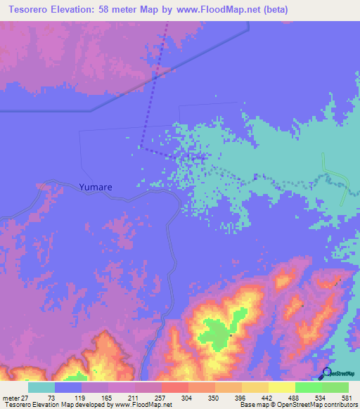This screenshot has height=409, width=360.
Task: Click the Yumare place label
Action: point(96,188)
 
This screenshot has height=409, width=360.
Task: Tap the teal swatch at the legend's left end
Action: point(41,387)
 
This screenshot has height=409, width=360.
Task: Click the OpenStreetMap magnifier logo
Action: point(326,372)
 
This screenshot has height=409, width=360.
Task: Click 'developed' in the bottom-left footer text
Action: point(86,405)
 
